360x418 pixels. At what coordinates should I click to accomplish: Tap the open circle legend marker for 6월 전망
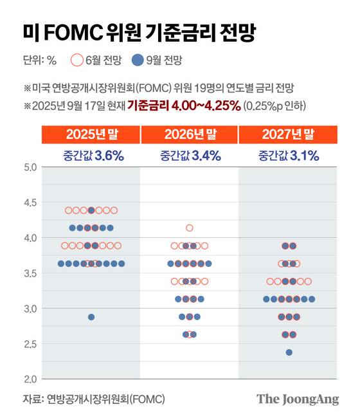[x=76, y=62]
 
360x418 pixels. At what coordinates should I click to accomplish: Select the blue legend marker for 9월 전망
[x=138, y=62]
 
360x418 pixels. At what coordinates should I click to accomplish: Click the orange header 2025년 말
[x=91, y=134]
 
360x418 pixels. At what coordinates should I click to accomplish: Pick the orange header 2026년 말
[x=190, y=134]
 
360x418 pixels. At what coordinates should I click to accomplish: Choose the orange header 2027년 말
[x=288, y=134]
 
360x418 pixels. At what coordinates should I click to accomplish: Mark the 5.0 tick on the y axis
[x=30, y=168]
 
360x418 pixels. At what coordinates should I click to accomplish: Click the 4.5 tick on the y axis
[x=30, y=203]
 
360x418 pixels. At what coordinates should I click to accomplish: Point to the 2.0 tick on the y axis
[x=30, y=379]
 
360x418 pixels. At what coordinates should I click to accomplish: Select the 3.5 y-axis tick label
[x=30, y=273]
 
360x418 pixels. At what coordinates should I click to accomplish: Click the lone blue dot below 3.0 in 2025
[x=91, y=317]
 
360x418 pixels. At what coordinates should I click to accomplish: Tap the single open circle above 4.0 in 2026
[x=190, y=228]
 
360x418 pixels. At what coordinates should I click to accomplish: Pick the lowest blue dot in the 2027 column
[x=289, y=352]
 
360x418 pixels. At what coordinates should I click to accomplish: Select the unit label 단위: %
[x=40, y=62]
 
